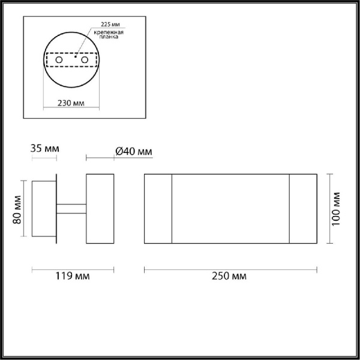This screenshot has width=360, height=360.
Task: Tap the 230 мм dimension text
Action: pyautogui.click(x=71, y=103)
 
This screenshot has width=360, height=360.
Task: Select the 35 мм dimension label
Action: pyautogui.click(x=44, y=148)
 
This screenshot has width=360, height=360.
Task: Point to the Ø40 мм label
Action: pyautogui.click(x=133, y=151)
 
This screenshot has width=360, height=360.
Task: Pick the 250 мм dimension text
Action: pyautogui.click(x=230, y=276)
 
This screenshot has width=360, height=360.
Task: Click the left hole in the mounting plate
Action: pyautogui.click(x=58, y=61)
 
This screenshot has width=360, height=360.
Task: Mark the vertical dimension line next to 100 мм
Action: pyautogui.click(x=329, y=208)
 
